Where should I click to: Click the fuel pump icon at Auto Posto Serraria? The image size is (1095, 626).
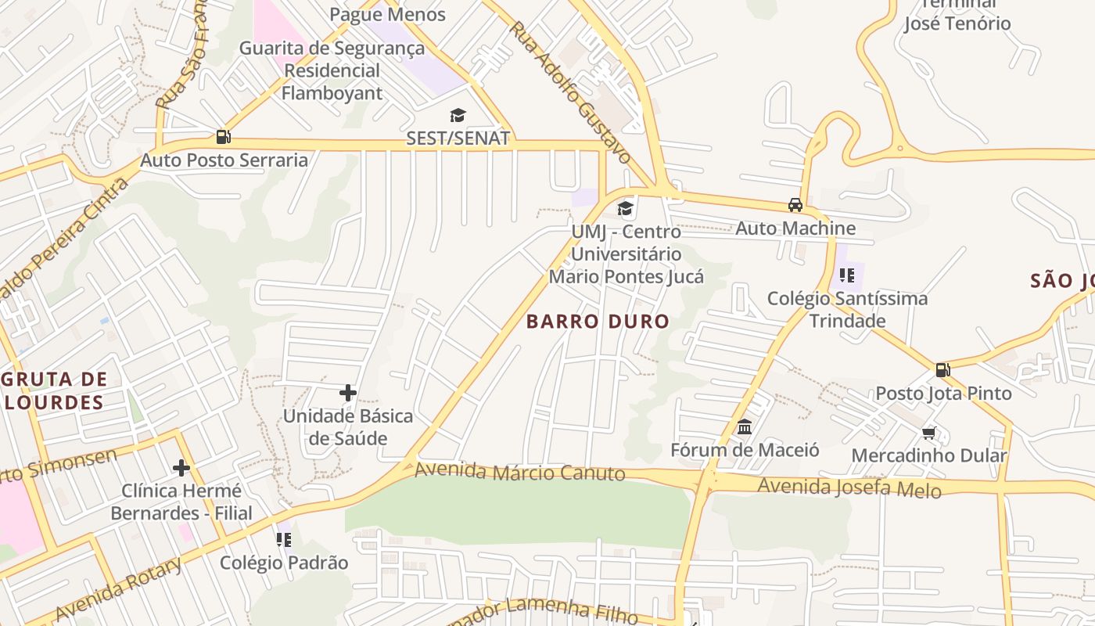[x=223, y=137]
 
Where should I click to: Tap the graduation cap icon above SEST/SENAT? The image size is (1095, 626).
[x=458, y=116]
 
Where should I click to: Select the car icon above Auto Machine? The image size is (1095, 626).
[x=795, y=205]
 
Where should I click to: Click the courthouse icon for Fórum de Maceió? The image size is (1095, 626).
[x=745, y=427]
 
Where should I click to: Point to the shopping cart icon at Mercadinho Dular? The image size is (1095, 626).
[x=929, y=433]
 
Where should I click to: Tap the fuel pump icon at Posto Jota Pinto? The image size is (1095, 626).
[x=943, y=370]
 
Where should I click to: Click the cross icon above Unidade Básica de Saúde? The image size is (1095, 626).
[x=348, y=392]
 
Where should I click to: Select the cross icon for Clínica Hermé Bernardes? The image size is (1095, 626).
[x=181, y=468]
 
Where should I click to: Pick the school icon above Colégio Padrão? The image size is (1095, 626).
[x=284, y=539]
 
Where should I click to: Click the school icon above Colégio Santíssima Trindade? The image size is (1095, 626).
[x=847, y=275]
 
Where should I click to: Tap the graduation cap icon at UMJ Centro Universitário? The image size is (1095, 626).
[x=625, y=208]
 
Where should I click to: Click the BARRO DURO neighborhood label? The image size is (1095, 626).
[x=598, y=321]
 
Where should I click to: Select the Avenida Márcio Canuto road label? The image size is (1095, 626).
[x=519, y=472]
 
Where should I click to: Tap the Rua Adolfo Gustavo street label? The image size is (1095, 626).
[x=570, y=92]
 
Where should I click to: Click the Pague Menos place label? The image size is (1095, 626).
[x=387, y=14]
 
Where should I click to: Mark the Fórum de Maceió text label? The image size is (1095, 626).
[x=745, y=450]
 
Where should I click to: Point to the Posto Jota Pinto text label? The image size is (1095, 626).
[x=943, y=393]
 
